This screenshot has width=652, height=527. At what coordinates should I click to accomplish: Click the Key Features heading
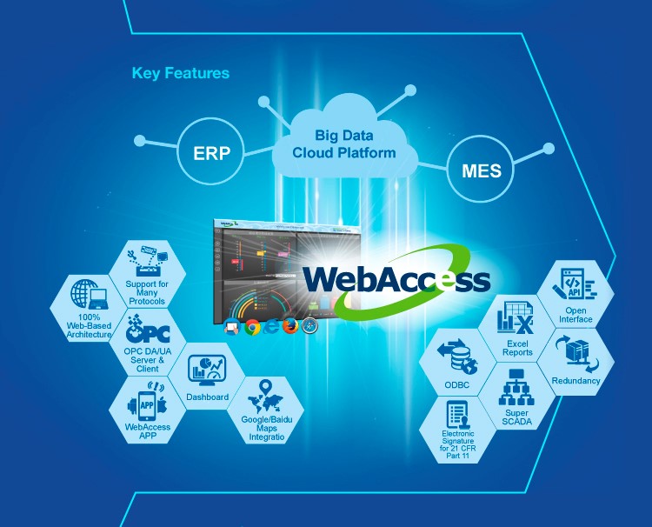[181, 73]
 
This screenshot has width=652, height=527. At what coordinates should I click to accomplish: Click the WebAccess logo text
[396, 280]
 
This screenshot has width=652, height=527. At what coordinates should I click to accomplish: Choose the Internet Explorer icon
[272, 328]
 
